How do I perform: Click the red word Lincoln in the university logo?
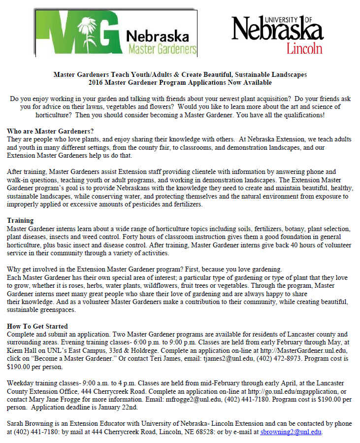304,47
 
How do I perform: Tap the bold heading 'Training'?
20,221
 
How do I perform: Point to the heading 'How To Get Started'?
37,326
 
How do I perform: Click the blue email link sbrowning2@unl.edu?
291,432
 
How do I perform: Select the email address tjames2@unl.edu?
228,358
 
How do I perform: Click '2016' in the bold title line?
97,82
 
